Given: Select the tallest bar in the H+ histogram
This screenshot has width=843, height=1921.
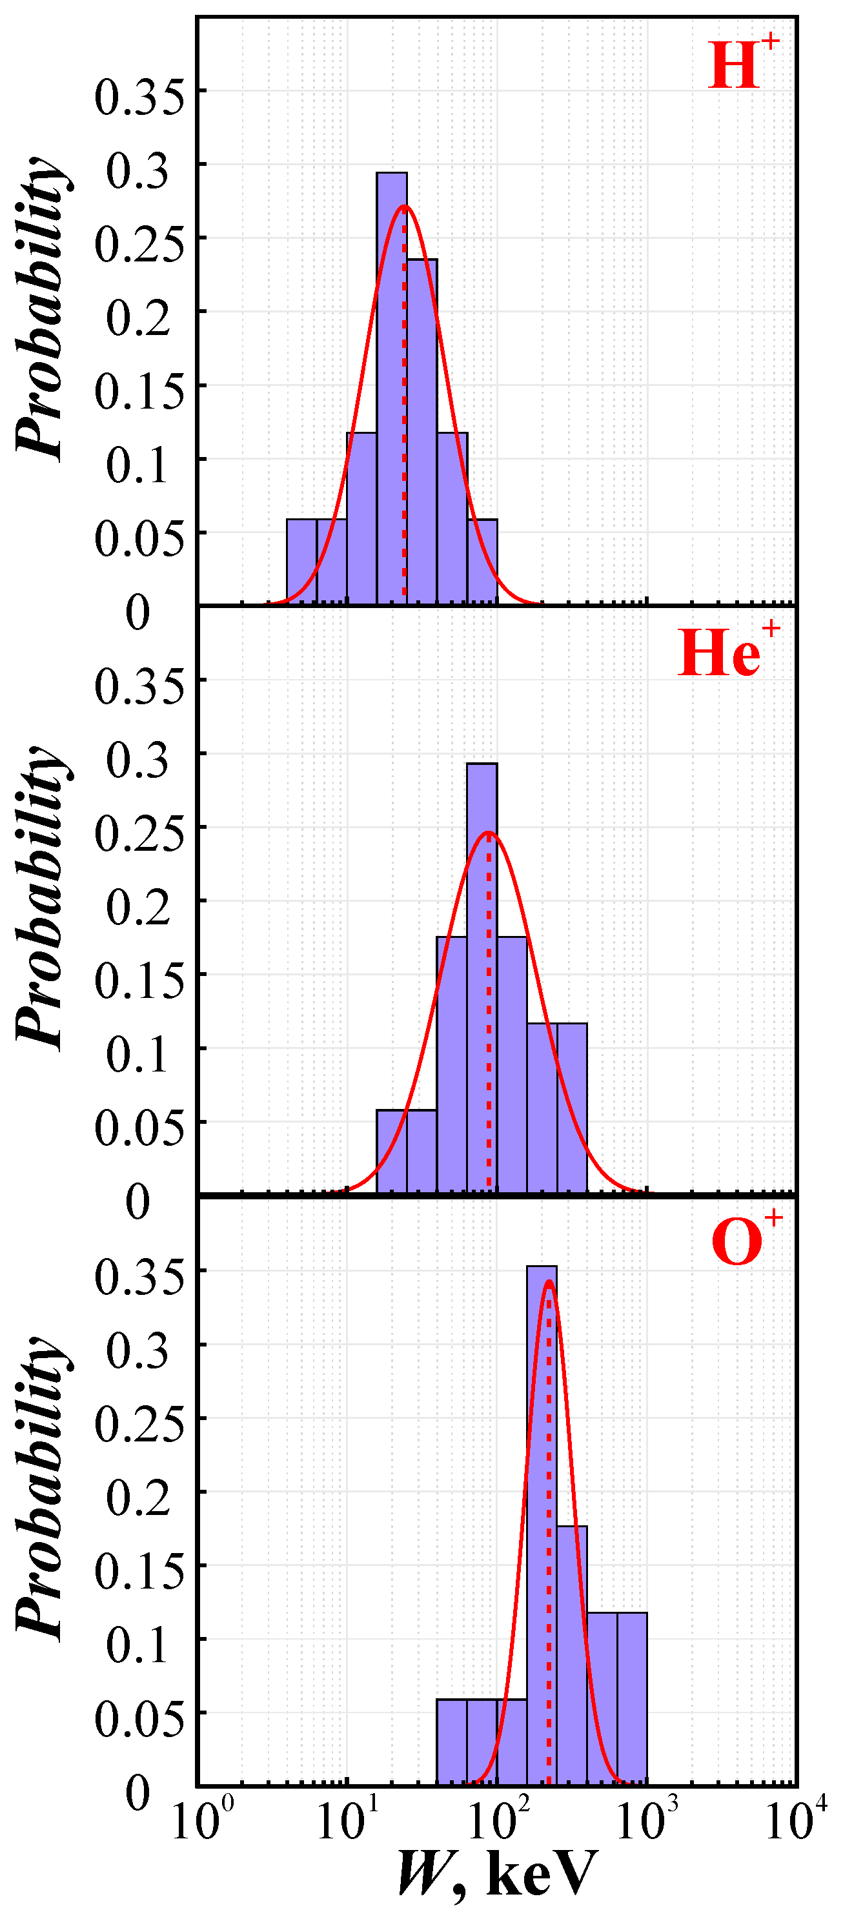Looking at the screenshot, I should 392,388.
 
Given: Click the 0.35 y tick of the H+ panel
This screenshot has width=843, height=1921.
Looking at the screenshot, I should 139,97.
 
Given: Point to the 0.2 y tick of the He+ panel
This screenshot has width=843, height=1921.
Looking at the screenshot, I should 139,907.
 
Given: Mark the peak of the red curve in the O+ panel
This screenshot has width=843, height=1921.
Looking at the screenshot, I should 548,1283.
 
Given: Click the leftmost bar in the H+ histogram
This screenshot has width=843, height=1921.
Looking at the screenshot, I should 301,561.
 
